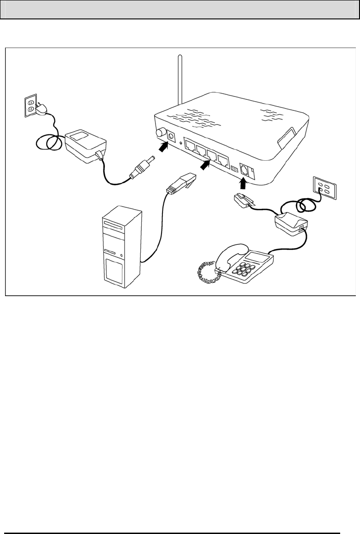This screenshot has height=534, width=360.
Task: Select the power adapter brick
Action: [x=85, y=144]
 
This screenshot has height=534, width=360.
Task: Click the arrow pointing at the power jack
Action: [x=162, y=147]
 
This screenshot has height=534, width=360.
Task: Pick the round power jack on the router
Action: [x=172, y=136]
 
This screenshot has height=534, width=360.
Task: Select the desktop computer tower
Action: [x=121, y=249]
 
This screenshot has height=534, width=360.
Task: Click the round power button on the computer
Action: [x=122, y=255]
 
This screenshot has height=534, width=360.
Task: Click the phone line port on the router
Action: [x=245, y=170]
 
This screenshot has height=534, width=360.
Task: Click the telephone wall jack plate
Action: [x=325, y=188]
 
